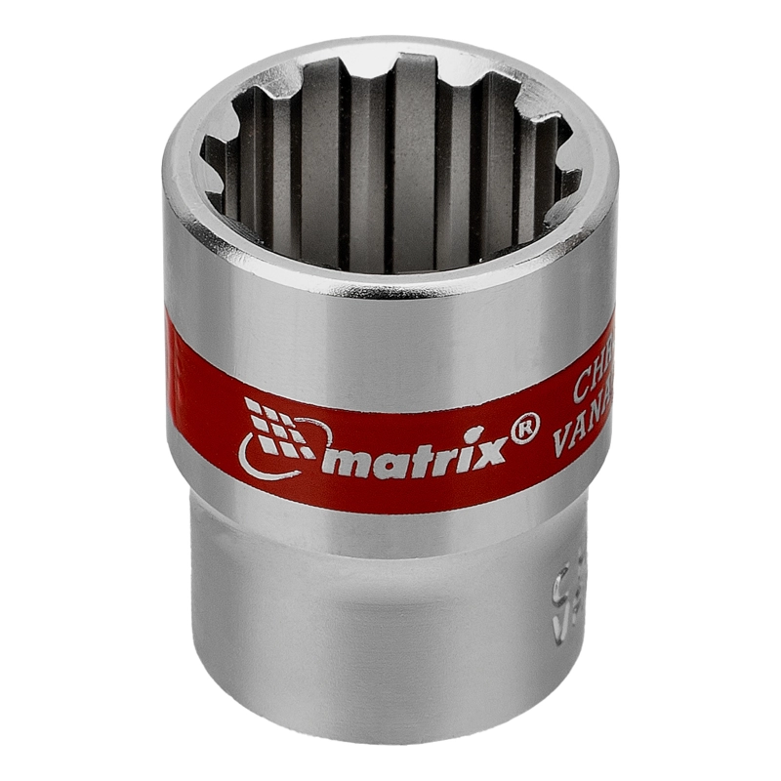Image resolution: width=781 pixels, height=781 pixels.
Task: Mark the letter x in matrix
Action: [492, 447]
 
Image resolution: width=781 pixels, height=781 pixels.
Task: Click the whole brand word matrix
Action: [420, 453]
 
